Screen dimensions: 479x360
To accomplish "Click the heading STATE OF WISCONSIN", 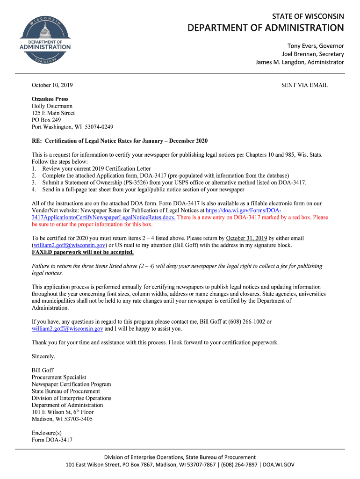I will point(308,16).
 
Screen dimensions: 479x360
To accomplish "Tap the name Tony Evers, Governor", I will point(315,46).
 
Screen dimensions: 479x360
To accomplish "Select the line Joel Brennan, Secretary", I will point(312,54).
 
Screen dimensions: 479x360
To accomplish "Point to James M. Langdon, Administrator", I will point(299,62).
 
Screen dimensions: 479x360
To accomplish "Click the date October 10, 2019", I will point(52,85).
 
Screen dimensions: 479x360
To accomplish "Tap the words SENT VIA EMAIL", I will point(304,85).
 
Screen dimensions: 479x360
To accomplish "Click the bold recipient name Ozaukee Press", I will point(50,99).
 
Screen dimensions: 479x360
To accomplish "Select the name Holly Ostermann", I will point(52,106).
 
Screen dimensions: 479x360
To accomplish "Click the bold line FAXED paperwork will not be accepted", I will point(83,252).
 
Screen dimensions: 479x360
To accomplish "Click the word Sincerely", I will point(43,356).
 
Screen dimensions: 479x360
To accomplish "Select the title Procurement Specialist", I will point(59,377).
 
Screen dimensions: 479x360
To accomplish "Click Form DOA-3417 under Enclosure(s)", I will point(52,440).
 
